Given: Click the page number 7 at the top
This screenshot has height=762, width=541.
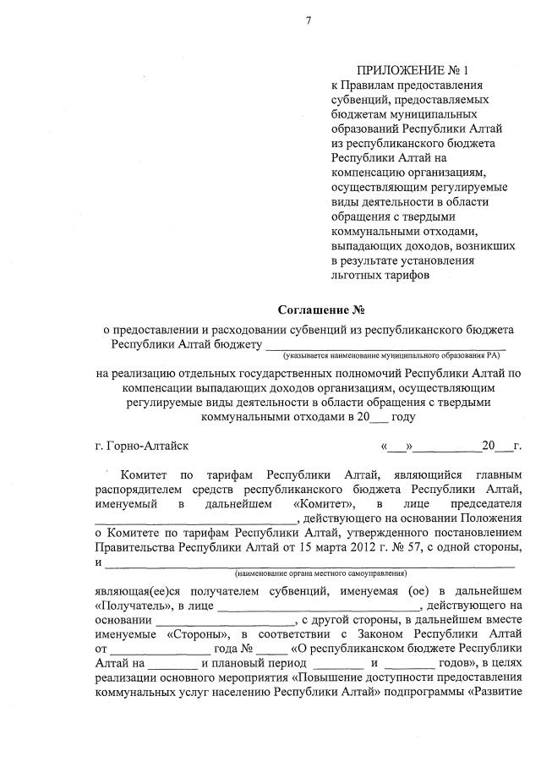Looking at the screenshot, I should click(309, 19).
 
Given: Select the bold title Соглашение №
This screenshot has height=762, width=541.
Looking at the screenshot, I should click(325, 310).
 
